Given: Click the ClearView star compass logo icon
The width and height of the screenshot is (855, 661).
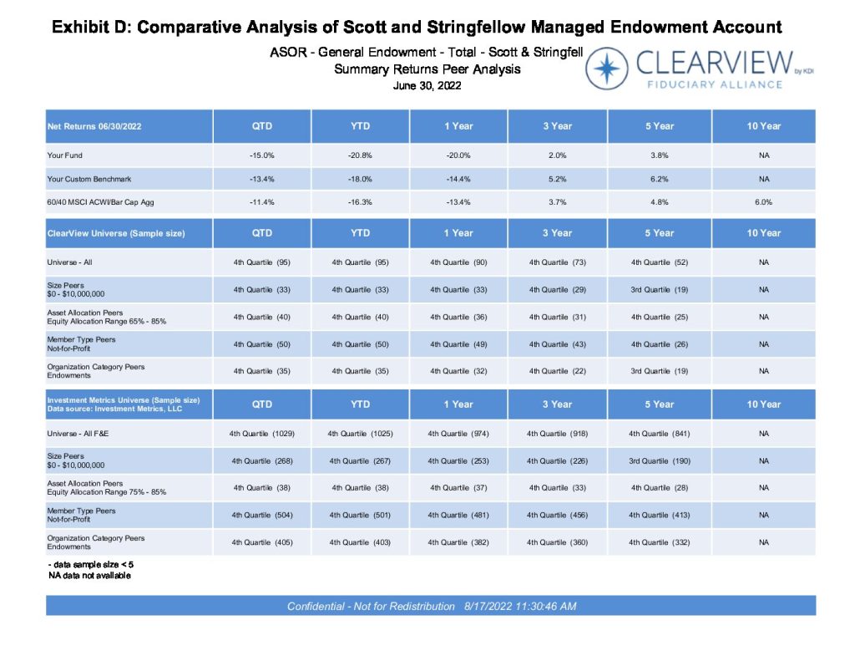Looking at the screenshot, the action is point(606,69).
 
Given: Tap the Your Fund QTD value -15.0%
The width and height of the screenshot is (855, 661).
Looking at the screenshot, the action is point(261,155).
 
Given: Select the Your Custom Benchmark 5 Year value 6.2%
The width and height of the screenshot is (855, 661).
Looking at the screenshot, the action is point(660,179).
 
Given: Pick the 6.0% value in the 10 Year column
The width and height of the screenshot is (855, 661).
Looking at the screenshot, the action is point(763,202).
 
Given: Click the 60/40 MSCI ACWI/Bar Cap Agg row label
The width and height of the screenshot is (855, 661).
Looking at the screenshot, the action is point(100,202).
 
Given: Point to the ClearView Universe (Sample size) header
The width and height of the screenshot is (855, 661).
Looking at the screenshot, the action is point(116,233).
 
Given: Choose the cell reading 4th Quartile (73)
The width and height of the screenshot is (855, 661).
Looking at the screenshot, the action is point(557,262).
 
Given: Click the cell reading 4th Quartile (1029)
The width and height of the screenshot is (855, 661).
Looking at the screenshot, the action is point(261,434).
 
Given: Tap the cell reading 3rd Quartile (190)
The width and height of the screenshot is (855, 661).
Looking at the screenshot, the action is point(660,460).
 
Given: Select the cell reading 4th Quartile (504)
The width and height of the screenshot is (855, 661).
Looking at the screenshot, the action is point(261,515).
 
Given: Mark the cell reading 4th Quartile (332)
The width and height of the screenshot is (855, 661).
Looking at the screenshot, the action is point(660,542).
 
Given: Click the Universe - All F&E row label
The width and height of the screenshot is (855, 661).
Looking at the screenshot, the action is point(78,434).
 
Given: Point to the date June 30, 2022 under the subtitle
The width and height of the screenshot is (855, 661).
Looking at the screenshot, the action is point(427,86).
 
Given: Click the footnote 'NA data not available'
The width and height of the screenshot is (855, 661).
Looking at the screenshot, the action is point(89,575).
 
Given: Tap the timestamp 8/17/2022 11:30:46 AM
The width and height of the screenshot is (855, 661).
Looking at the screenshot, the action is point(520,606).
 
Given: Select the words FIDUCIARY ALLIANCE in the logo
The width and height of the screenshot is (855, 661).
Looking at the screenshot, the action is point(715,84).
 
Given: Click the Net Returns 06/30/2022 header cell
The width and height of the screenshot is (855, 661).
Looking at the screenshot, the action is point(94,126).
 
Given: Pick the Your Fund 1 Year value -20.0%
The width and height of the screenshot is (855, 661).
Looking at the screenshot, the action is point(458,155).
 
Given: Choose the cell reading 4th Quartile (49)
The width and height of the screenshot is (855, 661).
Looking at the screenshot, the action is point(458,344).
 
